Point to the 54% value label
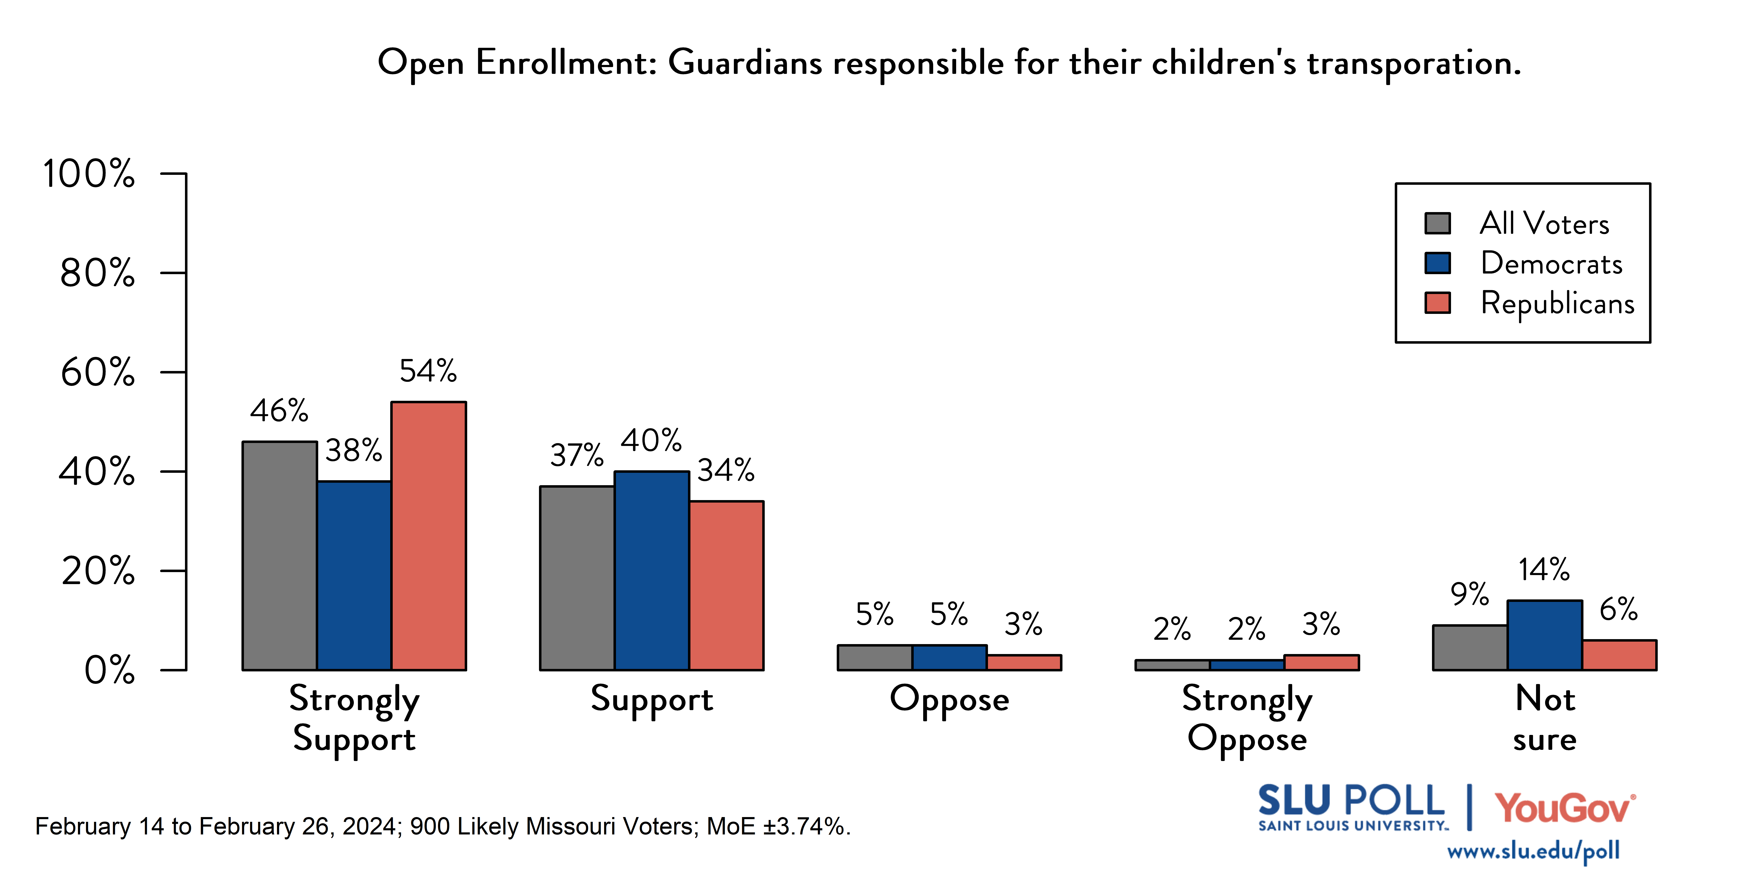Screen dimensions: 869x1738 click(x=428, y=371)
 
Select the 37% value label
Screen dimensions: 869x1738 click(x=576, y=455)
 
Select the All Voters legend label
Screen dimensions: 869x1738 click(x=1544, y=223)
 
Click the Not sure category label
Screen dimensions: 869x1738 click(x=1544, y=719)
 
